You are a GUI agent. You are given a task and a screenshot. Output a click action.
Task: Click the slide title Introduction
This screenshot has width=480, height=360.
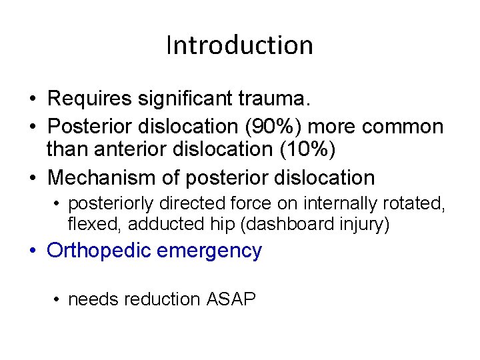[x=239, y=45]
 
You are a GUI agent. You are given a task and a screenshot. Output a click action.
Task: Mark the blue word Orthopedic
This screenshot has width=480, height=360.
[x=101, y=251]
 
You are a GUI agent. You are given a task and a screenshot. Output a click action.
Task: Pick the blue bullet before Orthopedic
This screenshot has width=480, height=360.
[x=33, y=252]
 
